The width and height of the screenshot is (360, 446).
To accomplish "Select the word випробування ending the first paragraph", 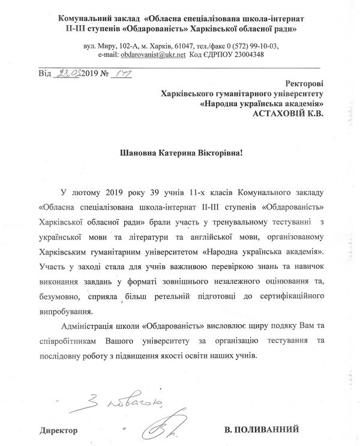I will tap(65, 312).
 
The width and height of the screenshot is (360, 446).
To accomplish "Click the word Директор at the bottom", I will tap(59, 430).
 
